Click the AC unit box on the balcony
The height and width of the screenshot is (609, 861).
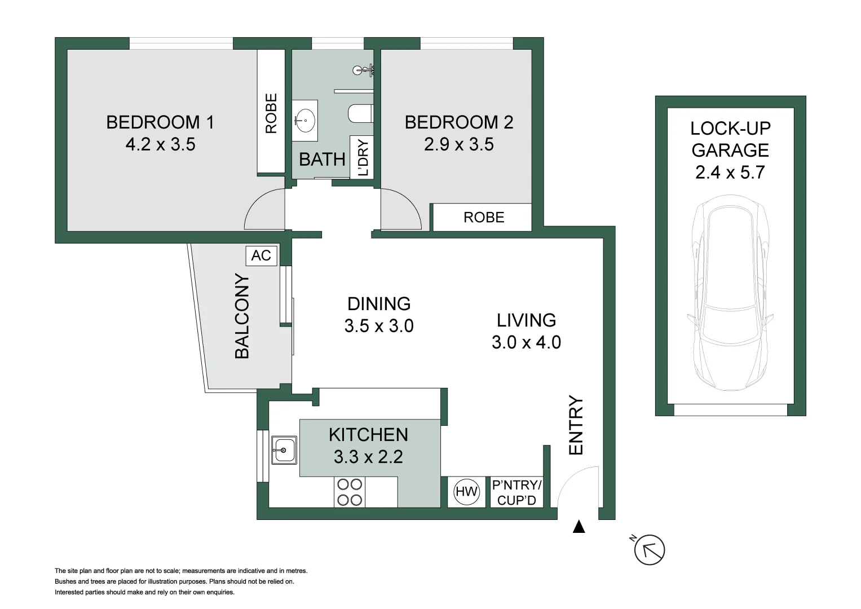[x=261, y=255]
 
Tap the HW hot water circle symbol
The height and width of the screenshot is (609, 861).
[x=466, y=492]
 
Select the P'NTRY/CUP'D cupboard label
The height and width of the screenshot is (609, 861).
[x=516, y=492]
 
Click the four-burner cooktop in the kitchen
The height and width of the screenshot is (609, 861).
[x=349, y=492]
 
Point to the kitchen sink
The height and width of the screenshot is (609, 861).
[x=284, y=450]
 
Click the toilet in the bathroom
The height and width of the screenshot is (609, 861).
[x=360, y=113]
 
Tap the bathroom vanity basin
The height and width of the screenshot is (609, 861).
[x=304, y=120]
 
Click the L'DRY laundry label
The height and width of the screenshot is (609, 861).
[x=363, y=157]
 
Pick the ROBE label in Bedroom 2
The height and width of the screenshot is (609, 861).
[x=483, y=218]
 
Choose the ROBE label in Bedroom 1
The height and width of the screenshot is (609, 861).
[x=271, y=113]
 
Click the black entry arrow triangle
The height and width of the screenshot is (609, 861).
[x=579, y=527]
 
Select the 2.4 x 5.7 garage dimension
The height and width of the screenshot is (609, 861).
[x=730, y=172]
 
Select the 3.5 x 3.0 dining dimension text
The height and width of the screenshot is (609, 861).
[x=378, y=326]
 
